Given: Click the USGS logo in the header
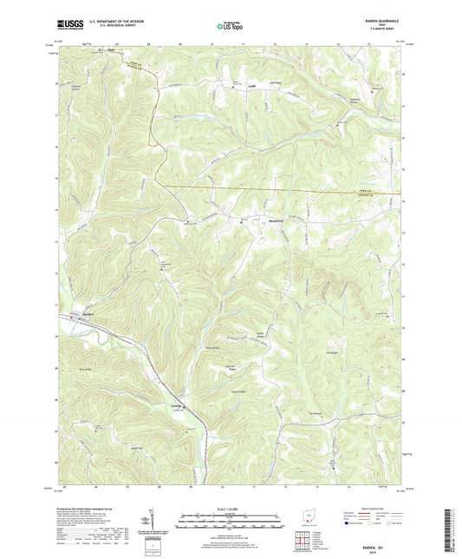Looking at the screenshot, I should pos(66,26).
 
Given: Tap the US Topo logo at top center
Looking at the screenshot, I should pos(229,26).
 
